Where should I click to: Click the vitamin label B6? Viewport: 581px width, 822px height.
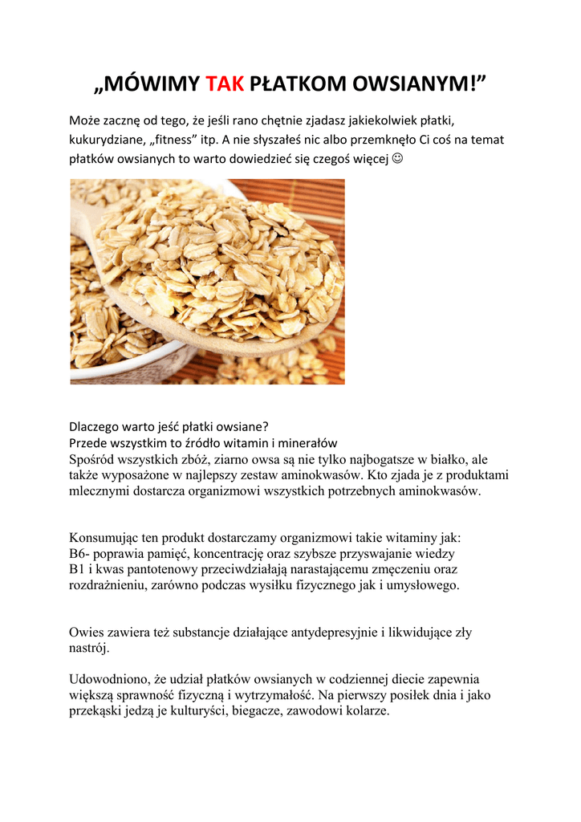click(x=78, y=554)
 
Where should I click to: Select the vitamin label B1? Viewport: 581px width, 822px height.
click(x=77, y=569)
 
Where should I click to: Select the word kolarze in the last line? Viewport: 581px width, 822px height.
click(x=366, y=711)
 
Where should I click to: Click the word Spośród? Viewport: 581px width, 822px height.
click(x=93, y=460)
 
